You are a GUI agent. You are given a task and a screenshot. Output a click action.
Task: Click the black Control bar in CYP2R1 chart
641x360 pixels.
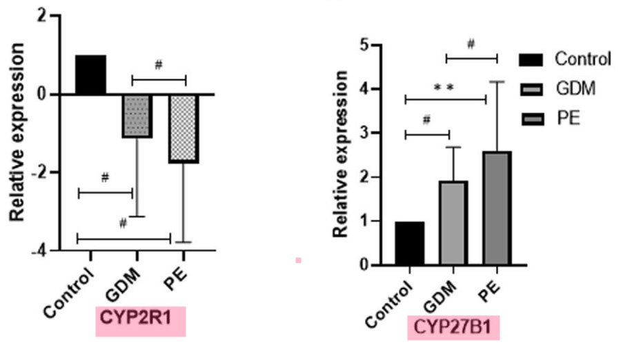tap(90, 74)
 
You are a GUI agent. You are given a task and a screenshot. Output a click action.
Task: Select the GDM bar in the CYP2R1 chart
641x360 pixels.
tap(137, 115)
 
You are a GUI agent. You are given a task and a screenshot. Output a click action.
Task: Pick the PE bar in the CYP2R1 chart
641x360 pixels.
tap(184, 128)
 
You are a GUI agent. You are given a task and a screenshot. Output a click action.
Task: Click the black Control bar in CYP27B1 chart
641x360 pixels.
tap(409, 243)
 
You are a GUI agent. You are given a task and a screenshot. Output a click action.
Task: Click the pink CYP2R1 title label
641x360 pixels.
tap(141, 321)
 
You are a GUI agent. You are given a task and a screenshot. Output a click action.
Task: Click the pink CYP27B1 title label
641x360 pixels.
tap(453, 328)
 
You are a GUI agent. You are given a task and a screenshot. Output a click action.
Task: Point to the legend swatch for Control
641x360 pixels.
tap(531, 59)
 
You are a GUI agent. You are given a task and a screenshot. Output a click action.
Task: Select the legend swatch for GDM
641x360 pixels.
tap(531, 89)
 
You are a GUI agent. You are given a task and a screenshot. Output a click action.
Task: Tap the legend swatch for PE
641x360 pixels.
tap(531, 119)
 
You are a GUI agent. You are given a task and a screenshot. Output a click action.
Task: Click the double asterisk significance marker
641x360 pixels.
tap(444, 88)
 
